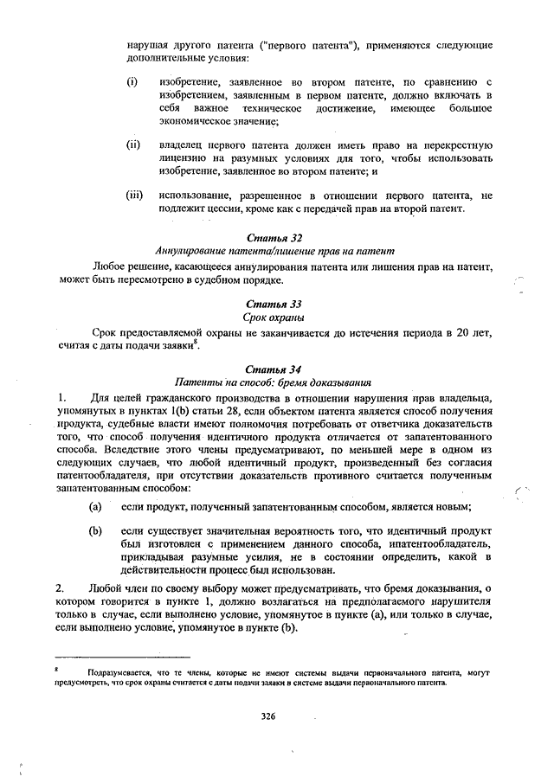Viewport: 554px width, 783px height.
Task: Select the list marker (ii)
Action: pos(133,144)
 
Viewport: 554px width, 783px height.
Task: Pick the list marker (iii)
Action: pos(134,196)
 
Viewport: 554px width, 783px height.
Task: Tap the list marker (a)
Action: pos(95,506)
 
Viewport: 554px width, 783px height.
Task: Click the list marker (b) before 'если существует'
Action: pos(95,529)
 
